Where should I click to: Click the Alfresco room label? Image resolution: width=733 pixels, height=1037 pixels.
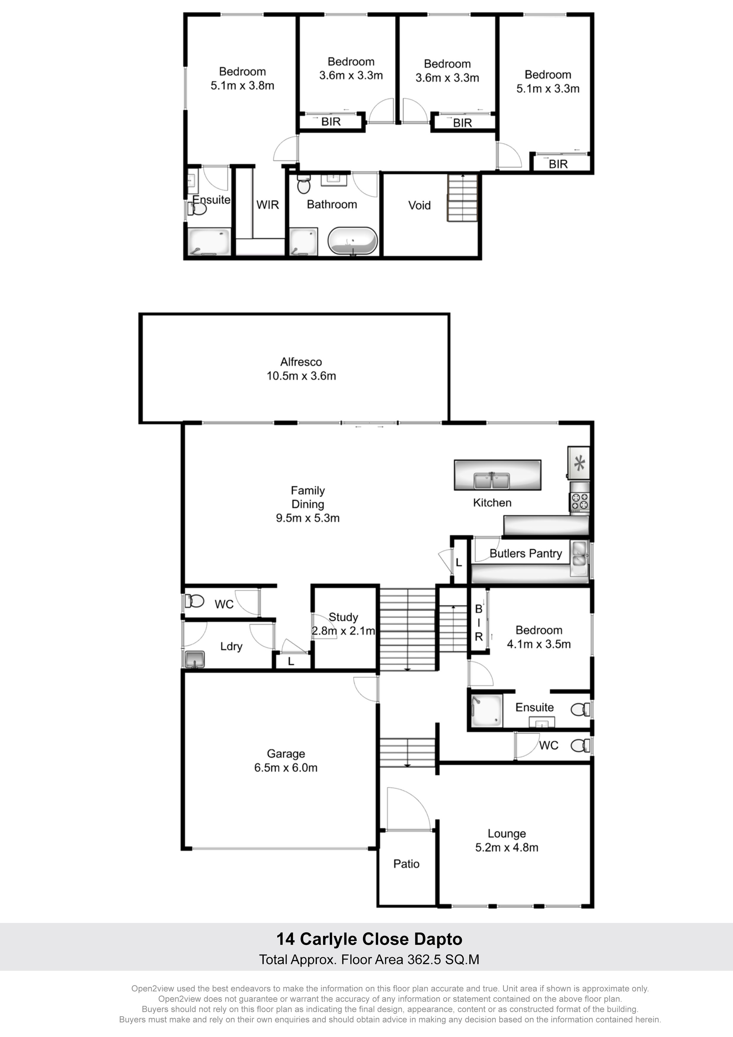pos(301,362)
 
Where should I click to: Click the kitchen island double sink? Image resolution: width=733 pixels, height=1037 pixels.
pos(492,481)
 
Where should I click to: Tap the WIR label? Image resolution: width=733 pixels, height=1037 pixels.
pos(267,205)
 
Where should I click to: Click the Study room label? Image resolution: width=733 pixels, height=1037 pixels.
pos(343,618)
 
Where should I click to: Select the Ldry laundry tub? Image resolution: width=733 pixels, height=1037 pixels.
pos(195,660)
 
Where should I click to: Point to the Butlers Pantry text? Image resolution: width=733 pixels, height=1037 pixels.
pos(526,554)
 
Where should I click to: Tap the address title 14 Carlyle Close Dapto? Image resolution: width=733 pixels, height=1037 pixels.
pos(369,939)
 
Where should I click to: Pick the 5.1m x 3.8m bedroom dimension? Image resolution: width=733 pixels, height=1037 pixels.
pos(243,86)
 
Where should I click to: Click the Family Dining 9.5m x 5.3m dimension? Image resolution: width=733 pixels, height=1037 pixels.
pos(308,518)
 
